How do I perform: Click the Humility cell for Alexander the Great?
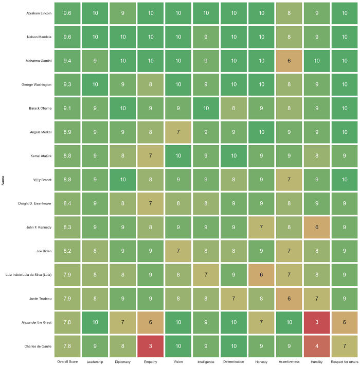[317, 322]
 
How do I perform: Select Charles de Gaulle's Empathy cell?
[150, 345]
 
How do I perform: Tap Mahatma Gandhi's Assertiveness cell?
[289, 60]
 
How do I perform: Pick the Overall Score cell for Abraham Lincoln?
[67, 13]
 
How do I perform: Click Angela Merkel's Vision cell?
[178, 132]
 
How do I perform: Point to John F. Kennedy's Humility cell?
[317, 227]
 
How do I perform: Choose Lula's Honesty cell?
[261, 274]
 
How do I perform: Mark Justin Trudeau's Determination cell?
[233, 298]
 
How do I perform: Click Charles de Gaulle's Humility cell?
[317, 345]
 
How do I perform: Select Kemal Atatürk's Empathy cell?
[150, 155]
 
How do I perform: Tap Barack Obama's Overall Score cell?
[67, 108]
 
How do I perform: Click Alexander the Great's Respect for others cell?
[344, 322]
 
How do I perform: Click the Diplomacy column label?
[122, 361]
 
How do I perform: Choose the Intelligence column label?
[206, 361]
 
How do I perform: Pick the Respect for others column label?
[344, 361]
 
